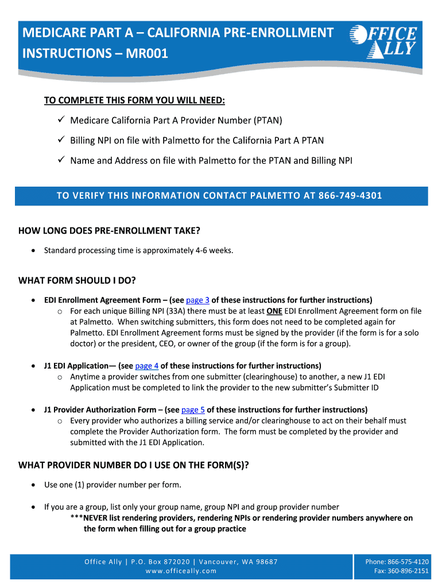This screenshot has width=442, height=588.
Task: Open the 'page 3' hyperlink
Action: (x=198, y=300)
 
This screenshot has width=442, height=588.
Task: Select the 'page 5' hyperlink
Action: (x=193, y=409)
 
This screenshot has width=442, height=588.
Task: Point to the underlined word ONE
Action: (x=274, y=311)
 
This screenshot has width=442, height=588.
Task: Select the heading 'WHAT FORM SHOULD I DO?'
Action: (x=81, y=280)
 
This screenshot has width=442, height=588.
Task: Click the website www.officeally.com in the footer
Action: (x=181, y=571)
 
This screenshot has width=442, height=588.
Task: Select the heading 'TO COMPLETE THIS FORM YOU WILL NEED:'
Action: (x=135, y=101)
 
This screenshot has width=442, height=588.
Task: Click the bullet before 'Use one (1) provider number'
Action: (x=35, y=485)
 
